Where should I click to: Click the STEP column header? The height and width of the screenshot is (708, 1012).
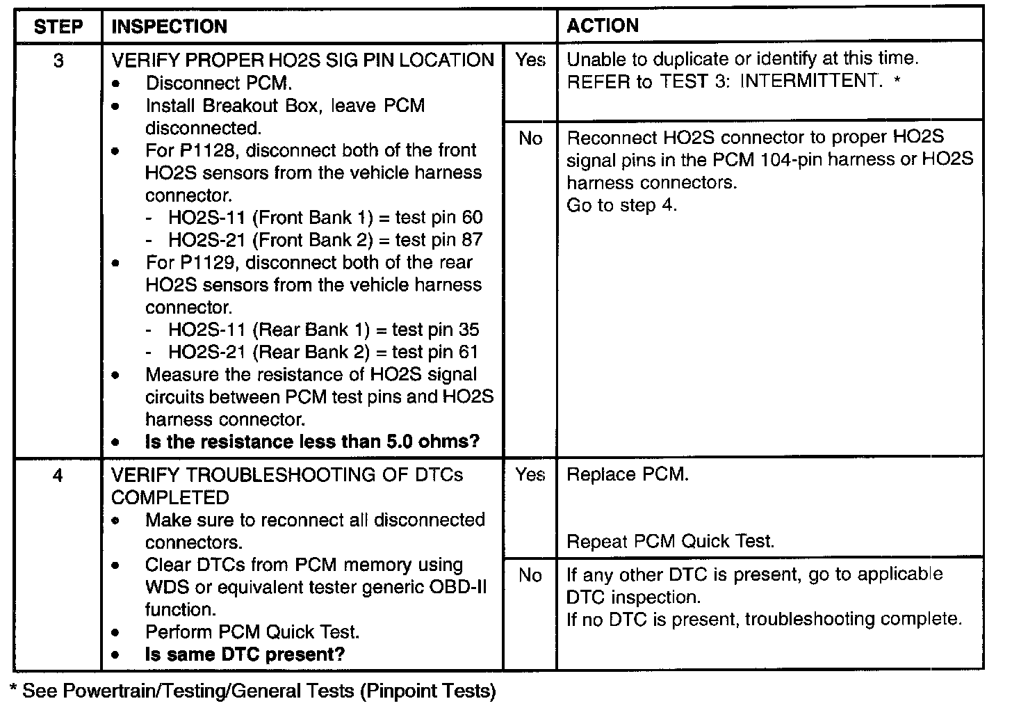point(58,26)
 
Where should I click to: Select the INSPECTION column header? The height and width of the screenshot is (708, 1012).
point(169,26)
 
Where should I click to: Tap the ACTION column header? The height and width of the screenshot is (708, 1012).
point(602,26)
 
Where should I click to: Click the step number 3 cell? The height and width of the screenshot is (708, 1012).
point(58,61)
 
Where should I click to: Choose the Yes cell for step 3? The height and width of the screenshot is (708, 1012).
point(530,61)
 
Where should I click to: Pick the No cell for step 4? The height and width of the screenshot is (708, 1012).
point(530,575)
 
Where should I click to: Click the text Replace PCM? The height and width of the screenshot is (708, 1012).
point(628,475)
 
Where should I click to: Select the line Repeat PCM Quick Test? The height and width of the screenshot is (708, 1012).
point(670,542)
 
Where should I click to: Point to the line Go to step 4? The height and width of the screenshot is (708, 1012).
point(621,205)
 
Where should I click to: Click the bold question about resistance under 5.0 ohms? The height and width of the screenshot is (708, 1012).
point(312,442)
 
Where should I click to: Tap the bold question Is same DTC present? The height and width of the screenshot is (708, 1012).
point(245,654)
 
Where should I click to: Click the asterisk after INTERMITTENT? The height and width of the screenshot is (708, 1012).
point(897,82)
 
